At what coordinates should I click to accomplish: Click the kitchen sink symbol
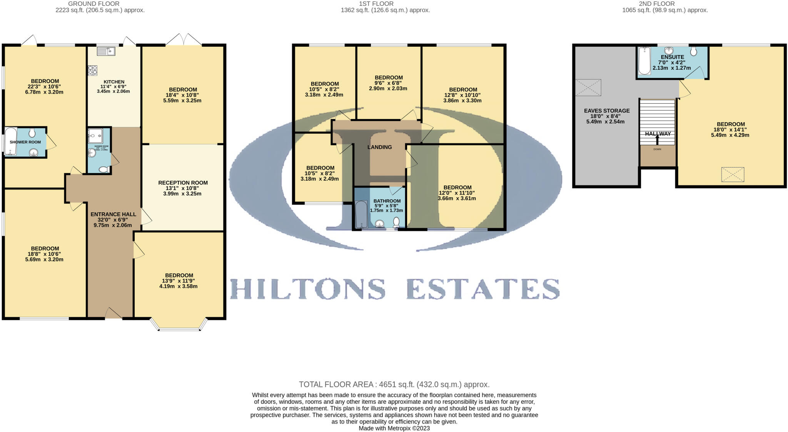pos(106,51)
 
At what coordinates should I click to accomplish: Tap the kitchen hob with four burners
pos(93,71)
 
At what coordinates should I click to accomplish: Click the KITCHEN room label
pos(114,82)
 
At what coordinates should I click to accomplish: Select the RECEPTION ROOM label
pos(183,183)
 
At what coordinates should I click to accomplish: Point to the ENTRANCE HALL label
pos(113,214)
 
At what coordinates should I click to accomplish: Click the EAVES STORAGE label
pos(607,111)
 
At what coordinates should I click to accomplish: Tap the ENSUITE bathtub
pos(644,61)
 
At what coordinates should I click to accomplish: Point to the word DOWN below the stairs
pos(657,149)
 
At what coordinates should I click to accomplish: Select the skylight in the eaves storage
pos(588,87)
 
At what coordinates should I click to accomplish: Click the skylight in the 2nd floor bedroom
pos(733,175)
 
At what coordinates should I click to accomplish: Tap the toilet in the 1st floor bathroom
pos(396,222)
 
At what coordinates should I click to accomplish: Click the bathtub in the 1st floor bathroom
pos(361,215)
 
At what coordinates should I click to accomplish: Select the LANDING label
pos(379,147)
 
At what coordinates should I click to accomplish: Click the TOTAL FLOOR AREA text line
pos(394,384)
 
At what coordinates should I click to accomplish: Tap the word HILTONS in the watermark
pos(308,289)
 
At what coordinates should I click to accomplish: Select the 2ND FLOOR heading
pos(665,4)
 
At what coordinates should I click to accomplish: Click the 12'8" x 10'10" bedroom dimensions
pos(463,95)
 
